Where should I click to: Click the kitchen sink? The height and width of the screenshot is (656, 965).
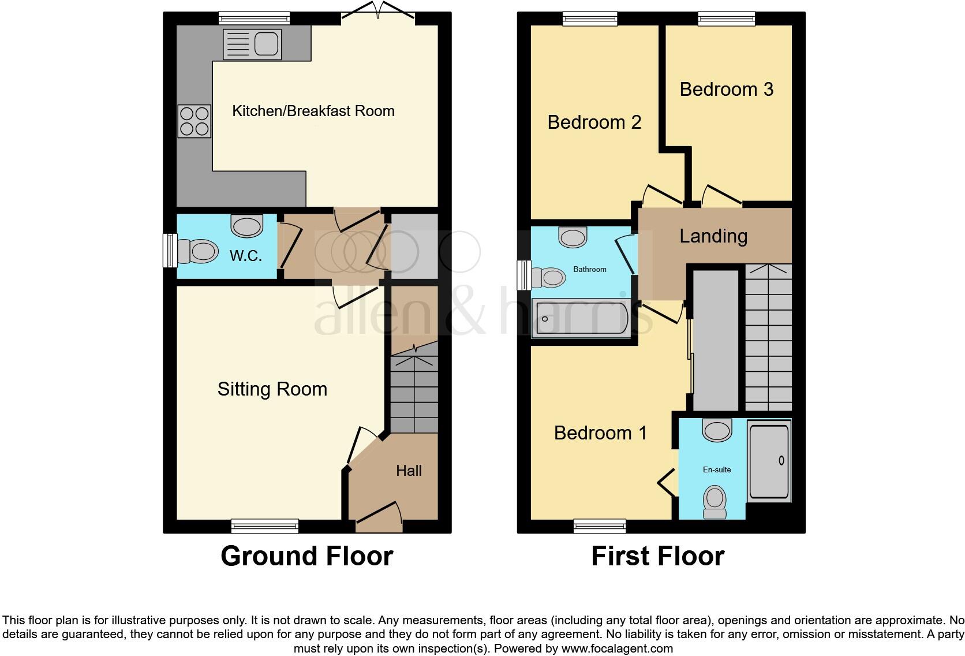point(252,44)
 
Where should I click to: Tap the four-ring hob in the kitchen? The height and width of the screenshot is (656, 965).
point(194,121)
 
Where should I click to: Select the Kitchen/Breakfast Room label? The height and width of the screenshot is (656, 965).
point(313,111)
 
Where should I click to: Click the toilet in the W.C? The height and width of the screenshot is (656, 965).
point(197,251)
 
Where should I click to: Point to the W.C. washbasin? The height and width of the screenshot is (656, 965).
point(247,225)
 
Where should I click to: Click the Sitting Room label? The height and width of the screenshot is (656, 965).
point(272,389)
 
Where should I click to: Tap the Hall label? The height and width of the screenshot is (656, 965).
point(409,471)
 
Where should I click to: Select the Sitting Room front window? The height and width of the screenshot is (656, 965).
point(265,525)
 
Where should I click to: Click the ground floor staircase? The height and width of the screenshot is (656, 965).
point(414,393)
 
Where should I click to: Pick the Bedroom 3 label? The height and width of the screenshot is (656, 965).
point(726,90)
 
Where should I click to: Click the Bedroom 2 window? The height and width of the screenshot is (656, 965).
point(590,19)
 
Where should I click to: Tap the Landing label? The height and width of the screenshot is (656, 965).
point(713,236)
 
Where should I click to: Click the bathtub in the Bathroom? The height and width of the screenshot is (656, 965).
point(581,318)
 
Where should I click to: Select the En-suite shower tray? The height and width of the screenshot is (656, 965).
point(769,460)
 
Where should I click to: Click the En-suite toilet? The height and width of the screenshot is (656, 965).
point(715,501)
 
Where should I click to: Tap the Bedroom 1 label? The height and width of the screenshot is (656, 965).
point(600,433)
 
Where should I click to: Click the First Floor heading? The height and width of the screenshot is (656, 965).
point(657,556)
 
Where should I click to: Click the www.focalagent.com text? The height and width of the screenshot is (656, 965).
point(617,648)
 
